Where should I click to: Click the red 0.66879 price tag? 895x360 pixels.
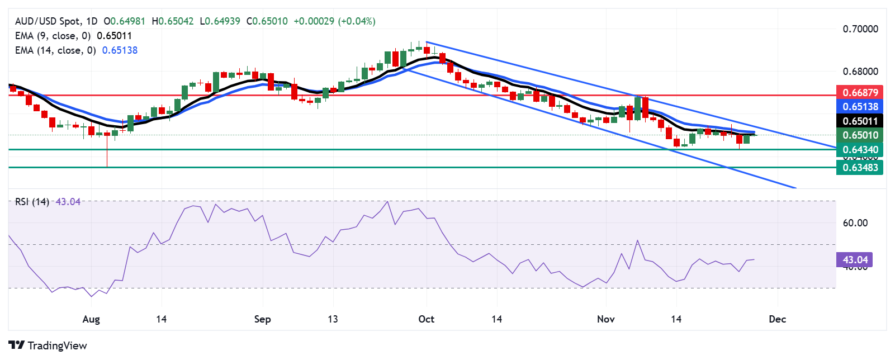pyautogui.click(x=860, y=92)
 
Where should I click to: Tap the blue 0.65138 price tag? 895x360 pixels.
pyautogui.click(x=860, y=106)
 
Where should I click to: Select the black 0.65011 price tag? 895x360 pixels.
pyautogui.click(x=860, y=121)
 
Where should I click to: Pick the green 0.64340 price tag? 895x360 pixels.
pyautogui.click(x=860, y=149)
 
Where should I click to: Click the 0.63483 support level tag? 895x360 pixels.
pyautogui.click(x=860, y=167)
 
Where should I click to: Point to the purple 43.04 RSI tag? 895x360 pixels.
pyautogui.click(x=855, y=259)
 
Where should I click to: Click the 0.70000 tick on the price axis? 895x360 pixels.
pyautogui.click(x=860, y=29)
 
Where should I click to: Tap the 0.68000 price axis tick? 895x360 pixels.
pyautogui.click(x=860, y=72)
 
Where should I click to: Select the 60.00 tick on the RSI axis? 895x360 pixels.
pyautogui.click(x=855, y=223)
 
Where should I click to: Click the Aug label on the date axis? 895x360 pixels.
pyautogui.click(x=91, y=319)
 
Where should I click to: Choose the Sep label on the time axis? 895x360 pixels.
pyautogui.click(x=262, y=319)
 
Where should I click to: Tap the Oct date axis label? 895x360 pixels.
pyautogui.click(x=426, y=319)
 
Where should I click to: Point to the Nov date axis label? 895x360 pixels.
pyautogui.click(x=606, y=319)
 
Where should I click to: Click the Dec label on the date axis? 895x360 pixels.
pyautogui.click(x=777, y=319)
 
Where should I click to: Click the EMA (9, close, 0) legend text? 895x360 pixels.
pyautogui.click(x=53, y=36)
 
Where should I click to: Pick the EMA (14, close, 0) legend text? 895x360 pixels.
pyautogui.click(x=55, y=50)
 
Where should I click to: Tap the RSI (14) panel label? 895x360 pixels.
pyautogui.click(x=32, y=202)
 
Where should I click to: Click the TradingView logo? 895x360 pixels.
pyautogui.click(x=48, y=345)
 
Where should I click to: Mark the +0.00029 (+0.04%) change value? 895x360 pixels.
pyautogui.click(x=334, y=21)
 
